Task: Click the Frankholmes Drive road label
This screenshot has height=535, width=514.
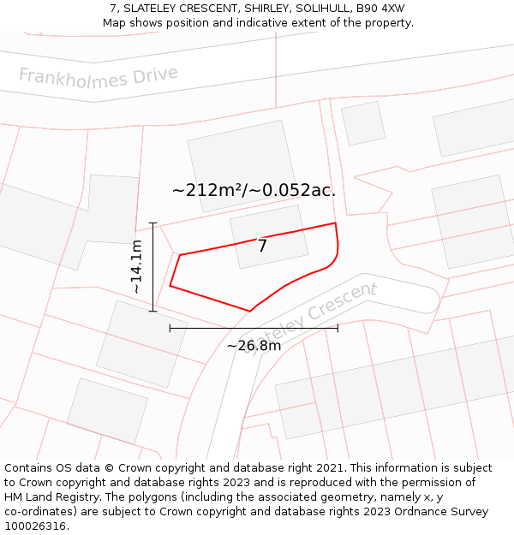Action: click(99, 76)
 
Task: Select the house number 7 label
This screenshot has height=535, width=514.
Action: click(262, 247)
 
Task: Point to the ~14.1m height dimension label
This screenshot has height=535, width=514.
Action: click(136, 267)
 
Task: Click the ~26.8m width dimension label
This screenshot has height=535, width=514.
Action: click(254, 346)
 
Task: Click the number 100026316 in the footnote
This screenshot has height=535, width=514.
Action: click(36, 526)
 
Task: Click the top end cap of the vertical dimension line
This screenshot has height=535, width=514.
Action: click(152, 223)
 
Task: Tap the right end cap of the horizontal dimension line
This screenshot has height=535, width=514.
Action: click(338, 327)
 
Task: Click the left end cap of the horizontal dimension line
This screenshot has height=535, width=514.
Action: click(170, 327)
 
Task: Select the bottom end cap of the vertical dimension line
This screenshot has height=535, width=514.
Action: click(152, 311)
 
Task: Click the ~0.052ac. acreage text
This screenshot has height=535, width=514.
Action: click(295, 190)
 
